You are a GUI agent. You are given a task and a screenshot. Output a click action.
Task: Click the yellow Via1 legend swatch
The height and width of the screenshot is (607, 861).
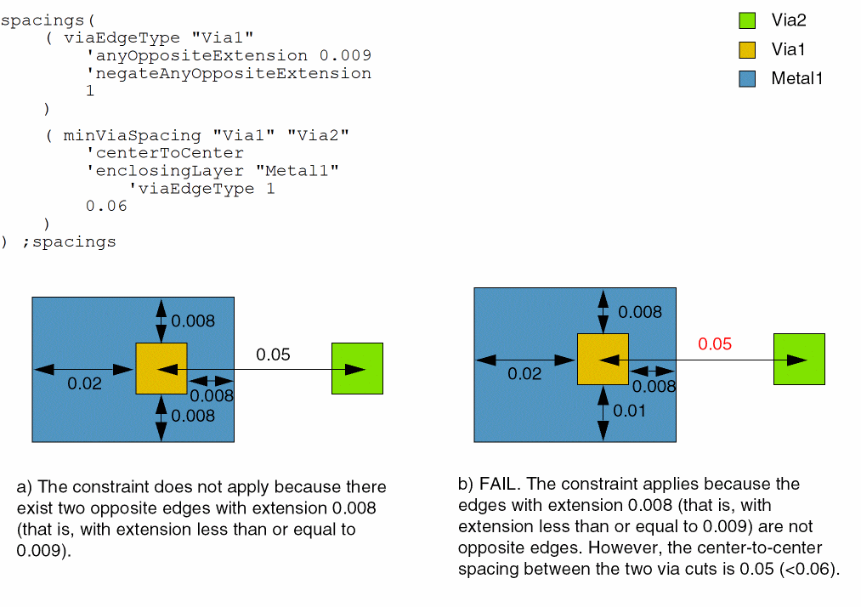click(x=746, y=49)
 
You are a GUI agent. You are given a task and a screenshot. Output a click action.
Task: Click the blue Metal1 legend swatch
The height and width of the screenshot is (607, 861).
click(x=746, y=79)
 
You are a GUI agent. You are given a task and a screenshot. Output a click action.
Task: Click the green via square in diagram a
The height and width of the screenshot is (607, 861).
click(x=357, y=368)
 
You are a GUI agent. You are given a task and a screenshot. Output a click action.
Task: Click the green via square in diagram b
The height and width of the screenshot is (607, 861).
click(x=799, y=359)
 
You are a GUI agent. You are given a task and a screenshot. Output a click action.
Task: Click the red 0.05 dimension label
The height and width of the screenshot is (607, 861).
click(x=715, y=344)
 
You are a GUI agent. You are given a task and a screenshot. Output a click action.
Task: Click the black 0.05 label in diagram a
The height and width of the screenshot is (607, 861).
click(x=273, y=354)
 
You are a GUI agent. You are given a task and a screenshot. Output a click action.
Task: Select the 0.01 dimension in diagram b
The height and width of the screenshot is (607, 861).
click(x=630, y=411)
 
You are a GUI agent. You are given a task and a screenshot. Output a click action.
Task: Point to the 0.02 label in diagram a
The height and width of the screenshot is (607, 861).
click(x=84, y=383)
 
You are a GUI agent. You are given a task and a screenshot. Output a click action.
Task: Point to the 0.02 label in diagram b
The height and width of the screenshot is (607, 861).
click(x=524, y=373)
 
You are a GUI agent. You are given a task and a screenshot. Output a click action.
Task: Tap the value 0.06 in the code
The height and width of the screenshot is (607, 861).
click(x=106, y=206)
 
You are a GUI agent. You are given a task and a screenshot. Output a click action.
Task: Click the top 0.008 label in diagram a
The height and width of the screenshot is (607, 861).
click(x=193, y=321)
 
